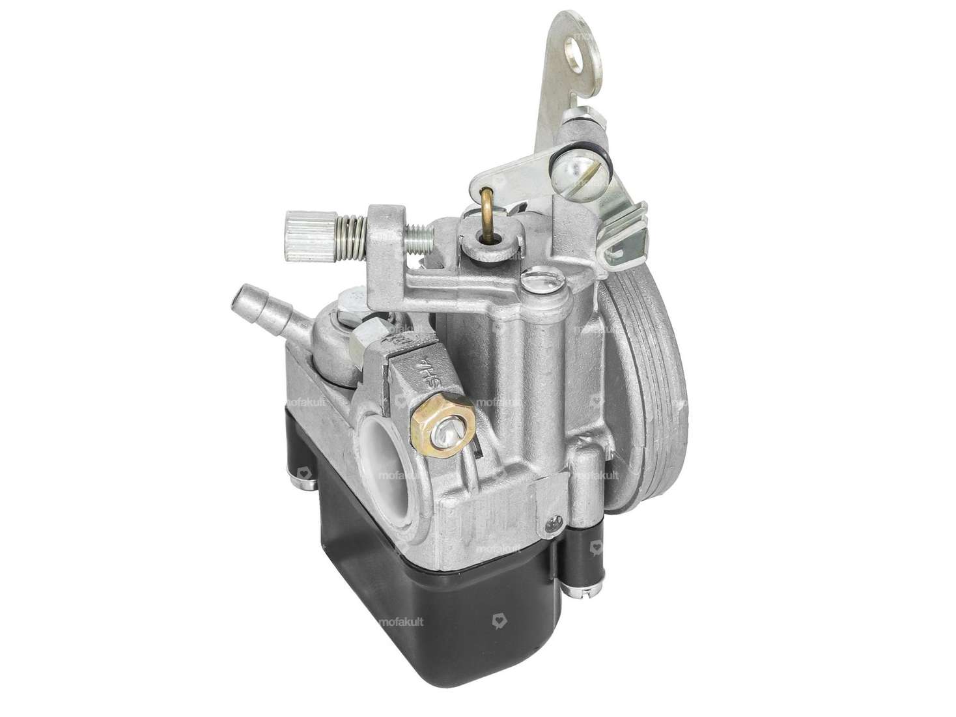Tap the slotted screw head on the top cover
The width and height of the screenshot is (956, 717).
point(532,283)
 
